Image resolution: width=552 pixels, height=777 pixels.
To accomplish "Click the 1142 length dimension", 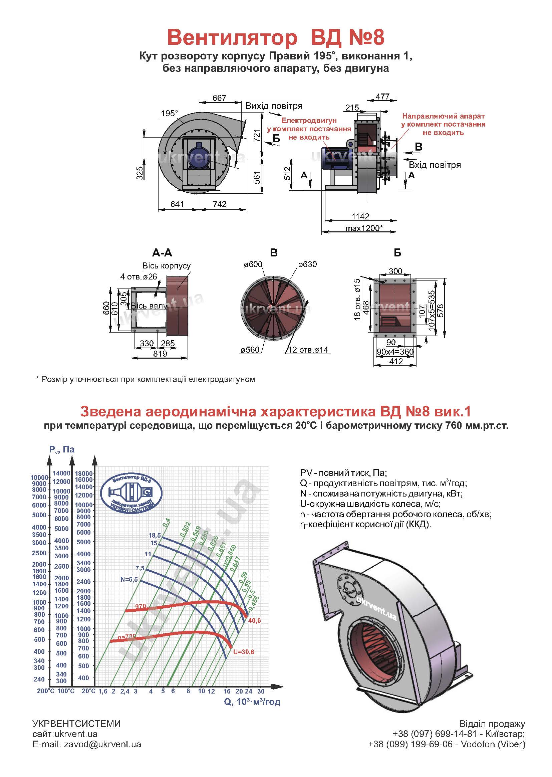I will click(x=360, y=217).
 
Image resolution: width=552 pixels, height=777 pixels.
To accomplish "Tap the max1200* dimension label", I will click(x=364, y=228).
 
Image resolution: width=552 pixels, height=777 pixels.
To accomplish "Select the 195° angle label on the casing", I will click(x=170, y=113).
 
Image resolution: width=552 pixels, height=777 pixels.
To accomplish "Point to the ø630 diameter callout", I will click(x=307, y=264).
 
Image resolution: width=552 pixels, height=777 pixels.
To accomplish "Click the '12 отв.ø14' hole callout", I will click(x=308, y=350).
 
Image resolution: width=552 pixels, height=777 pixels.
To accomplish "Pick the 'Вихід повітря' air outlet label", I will click(x=274, y=106).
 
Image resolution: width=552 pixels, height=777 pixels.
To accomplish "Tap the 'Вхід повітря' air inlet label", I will click(x=435, y=165).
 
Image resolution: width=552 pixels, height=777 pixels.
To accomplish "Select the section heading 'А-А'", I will click(x=162, y=253).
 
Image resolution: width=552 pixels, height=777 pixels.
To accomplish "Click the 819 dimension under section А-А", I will click(x=160, y=354).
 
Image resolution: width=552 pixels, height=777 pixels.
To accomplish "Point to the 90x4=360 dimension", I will click(x=395, y=352).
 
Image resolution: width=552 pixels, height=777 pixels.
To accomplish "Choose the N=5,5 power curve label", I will click(x=129, y=579).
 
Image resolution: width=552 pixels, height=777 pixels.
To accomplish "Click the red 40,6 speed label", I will click(x=254, y=621).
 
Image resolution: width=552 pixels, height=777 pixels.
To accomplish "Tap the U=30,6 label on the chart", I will click(x=243, y=652).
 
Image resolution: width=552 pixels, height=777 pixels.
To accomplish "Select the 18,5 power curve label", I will click(x=155, y=535).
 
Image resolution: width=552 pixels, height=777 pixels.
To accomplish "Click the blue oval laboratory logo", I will click(x=132, y=494).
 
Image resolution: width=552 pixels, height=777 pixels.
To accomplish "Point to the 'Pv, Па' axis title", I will click(x=61, y=449).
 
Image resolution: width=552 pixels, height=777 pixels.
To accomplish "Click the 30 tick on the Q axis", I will click(x=261, y=691).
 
